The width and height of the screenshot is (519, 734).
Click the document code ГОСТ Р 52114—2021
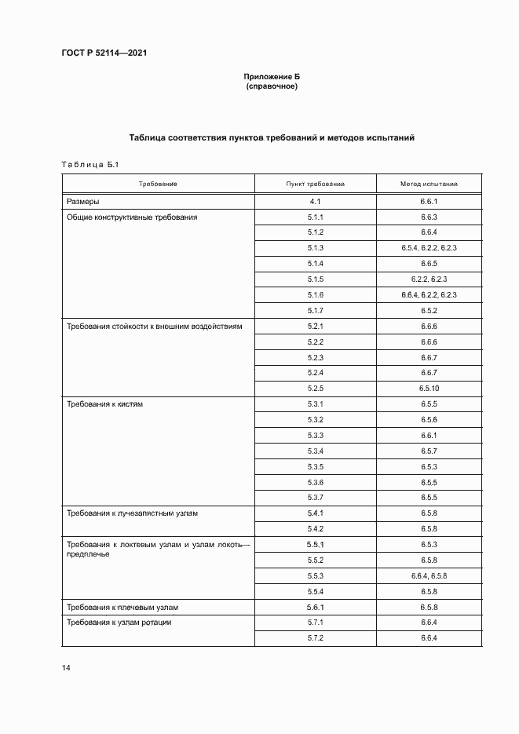click(104, 53)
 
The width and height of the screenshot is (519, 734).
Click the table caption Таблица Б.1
click(89, 164)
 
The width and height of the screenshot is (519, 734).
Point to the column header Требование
click(158, 184)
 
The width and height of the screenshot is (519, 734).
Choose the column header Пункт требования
click(316, 184)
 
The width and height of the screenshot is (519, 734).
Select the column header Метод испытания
click(429, 184)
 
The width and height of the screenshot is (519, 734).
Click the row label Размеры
click(83, 202)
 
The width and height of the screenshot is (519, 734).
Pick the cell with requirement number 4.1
click(316, 202)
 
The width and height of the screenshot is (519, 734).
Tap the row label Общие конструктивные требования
click(131, 217)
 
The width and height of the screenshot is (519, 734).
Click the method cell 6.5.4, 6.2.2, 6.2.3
click(429, 248)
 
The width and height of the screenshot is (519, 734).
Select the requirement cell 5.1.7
click(316, 310)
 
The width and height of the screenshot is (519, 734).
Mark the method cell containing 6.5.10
click(429, 388)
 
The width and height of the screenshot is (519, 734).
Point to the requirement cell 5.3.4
click(316, 451)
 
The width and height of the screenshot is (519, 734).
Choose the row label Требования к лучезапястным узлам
click(133, 513)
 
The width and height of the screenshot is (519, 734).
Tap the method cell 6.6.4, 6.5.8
click(429, 575)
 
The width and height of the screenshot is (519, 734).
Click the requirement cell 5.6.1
click(316, 607)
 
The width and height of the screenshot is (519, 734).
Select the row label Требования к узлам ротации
click(119, 622)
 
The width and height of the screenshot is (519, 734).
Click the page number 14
click(66, 667)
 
